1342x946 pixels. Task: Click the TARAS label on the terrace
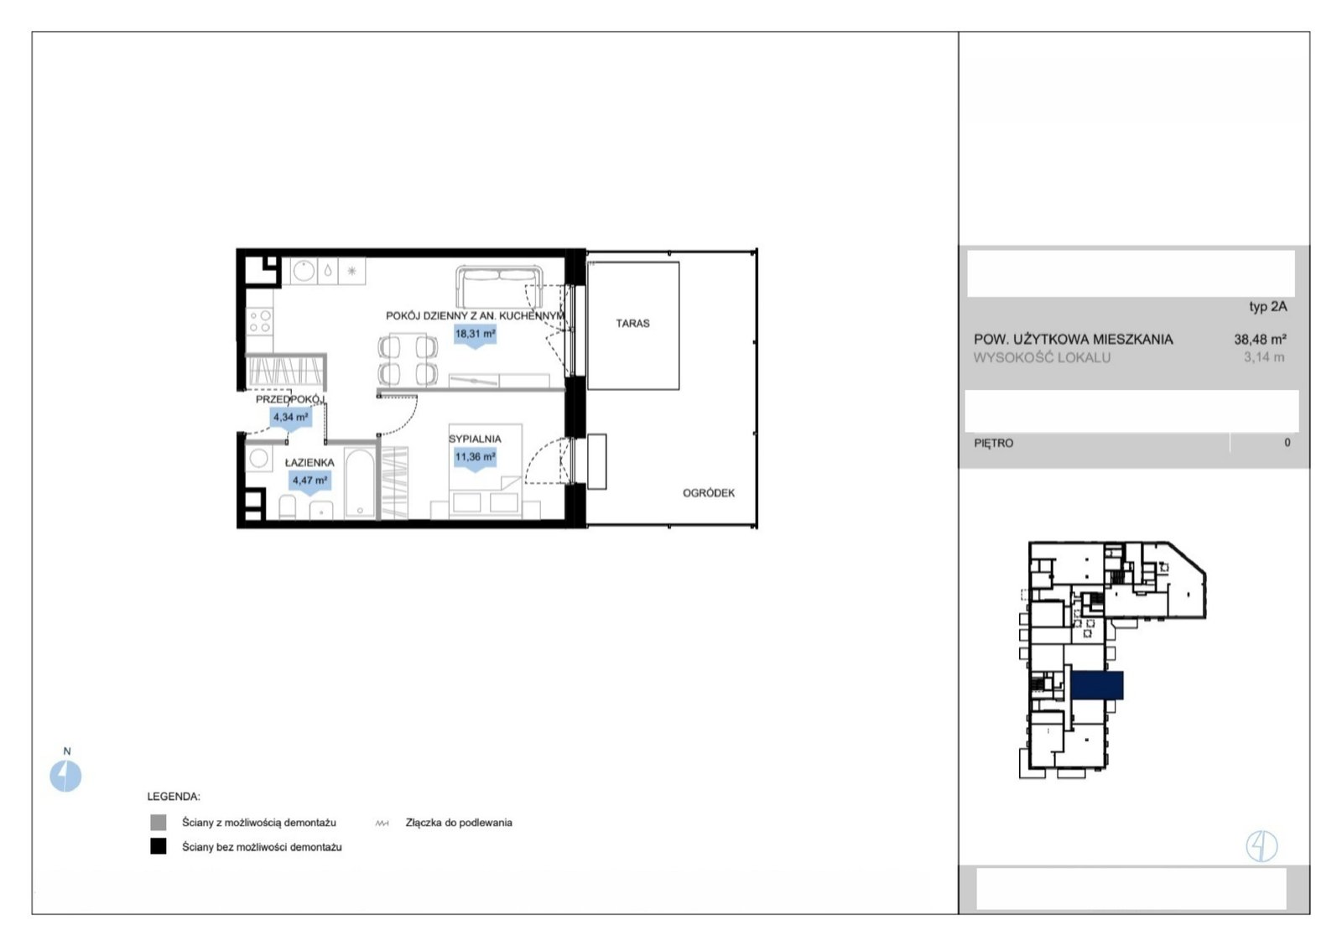tap(632, 324)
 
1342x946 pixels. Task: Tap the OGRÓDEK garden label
tap(709, 493)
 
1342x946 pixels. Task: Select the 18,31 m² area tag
tap(475, 335)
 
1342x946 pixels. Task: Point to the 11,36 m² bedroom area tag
tap(475, 458)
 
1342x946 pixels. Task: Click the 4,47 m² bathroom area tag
tap(309, 481)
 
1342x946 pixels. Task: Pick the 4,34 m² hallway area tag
tap(290, 418)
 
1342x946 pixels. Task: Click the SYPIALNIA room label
tap(475, 439)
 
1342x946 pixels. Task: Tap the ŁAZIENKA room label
tap(309, 462)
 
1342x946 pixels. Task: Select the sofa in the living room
tap(500, 286)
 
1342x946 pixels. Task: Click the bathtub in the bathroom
tap(360, 483)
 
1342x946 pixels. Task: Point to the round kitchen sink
tap(304, 271)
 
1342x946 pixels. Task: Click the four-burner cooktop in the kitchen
tap(259, 321)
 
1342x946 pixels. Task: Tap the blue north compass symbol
tap(65, 776)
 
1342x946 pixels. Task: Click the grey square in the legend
tap(159, 822)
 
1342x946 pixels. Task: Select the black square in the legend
tap(159, 846)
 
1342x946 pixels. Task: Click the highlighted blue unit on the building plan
tap(1097, 685)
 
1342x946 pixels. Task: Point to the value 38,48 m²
tap(1260, 340)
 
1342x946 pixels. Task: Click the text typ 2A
tap(1267, 307)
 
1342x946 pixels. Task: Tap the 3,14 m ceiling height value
tap(1264, 357)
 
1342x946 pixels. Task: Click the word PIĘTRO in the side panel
tap(994, 444)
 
